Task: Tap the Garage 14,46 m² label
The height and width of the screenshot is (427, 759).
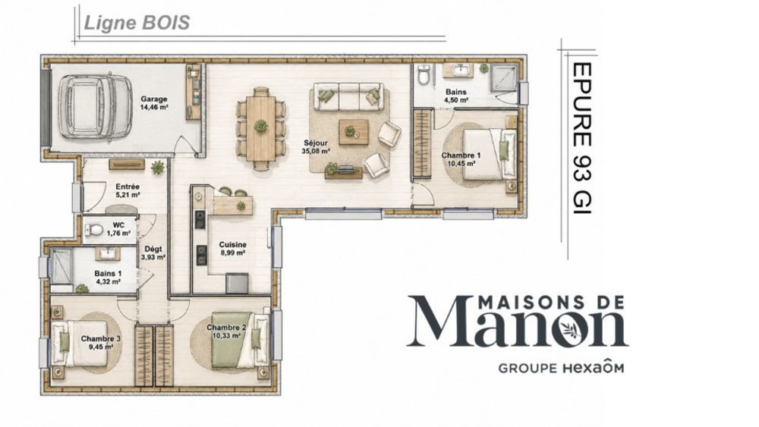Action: [154, 103]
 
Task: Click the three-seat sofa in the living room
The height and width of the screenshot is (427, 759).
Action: [348, 96]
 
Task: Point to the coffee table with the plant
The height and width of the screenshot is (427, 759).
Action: [354, 131]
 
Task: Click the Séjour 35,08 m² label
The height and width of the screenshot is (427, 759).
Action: [316, 146]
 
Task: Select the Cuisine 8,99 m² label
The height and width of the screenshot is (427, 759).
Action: [232, 248]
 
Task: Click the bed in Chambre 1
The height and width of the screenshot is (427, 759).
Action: [490, 154]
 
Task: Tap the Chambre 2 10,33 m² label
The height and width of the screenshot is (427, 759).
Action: [226, 331]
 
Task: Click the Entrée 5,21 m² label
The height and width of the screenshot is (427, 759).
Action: [128, 190]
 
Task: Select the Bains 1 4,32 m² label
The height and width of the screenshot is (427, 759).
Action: [108, 277]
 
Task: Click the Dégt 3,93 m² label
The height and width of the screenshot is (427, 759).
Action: [153, 253]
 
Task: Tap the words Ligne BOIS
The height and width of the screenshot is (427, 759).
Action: [137, 23]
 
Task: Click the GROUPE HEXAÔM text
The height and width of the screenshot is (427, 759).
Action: [562, 368]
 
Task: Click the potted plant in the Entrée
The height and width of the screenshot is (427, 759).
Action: [157, 168]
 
